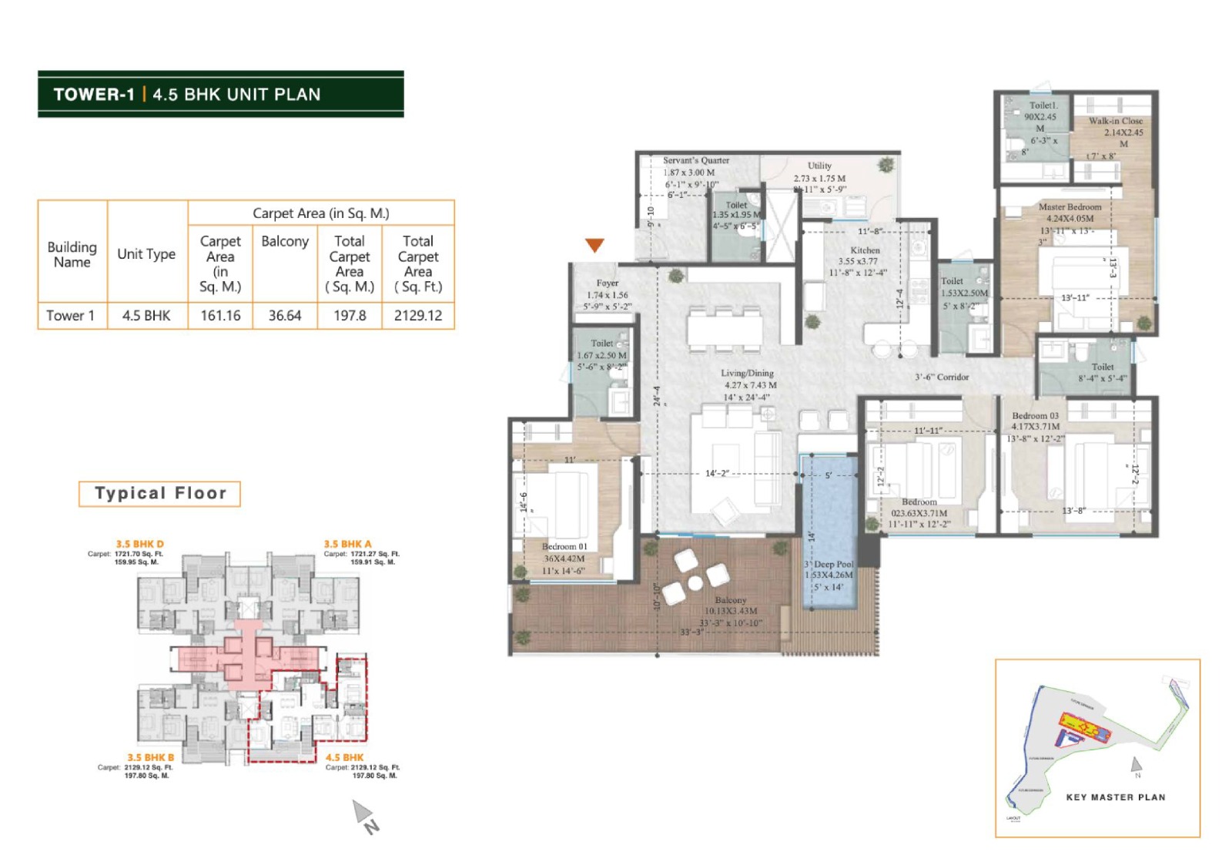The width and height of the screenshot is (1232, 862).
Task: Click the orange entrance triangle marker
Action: pyautogui.click(x=594, y=245)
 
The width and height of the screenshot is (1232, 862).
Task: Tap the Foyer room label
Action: pyautogui.click(x=607, y=283)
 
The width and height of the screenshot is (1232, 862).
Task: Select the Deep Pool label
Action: pyautogui.click(x=834, y=564)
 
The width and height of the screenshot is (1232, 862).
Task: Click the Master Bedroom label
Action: pyautogui.click(x=1070, y=206)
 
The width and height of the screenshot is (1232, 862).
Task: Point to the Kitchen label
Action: pyautogui.click(x=865, y=250)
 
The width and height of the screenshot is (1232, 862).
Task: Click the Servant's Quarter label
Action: pyautogui.click(x=696, y=160)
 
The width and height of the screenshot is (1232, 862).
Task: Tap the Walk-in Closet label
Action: pyautogui.click(x=1115, y=121)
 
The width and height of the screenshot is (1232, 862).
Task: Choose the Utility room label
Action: pyautogui.click(x=819, y=166)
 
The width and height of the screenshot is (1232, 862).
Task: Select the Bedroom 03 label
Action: pyautogui.click(x=1035, y=415)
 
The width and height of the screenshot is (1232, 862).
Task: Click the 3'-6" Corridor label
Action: pyautogui.click(x=942, y=377)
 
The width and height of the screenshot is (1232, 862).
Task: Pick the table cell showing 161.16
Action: pyautogui.click(x=220, y=316)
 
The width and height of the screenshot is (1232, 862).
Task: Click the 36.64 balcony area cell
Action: pyautogui.click(x=285, y=316)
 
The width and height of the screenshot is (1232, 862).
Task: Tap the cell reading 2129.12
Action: pyautogui.click(x=418, y=316)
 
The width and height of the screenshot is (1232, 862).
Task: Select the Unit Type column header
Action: pyautogui.click(x=146, y=253)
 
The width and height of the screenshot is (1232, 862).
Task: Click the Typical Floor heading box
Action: pyautogui.click(x=160, y=493)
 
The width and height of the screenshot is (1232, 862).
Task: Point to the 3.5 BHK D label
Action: pyautogui.click(x=139, y=544)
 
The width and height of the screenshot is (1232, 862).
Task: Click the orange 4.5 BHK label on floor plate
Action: pyautogui.click(x=344, y=757)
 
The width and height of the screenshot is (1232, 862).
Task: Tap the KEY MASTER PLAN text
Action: pyautogui.click(x=1115, y=797)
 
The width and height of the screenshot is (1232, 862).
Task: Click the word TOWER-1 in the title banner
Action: pyautogui.click(x=94, y=94)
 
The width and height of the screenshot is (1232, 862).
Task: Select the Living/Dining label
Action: pyautogui.click(x=747, y=373)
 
